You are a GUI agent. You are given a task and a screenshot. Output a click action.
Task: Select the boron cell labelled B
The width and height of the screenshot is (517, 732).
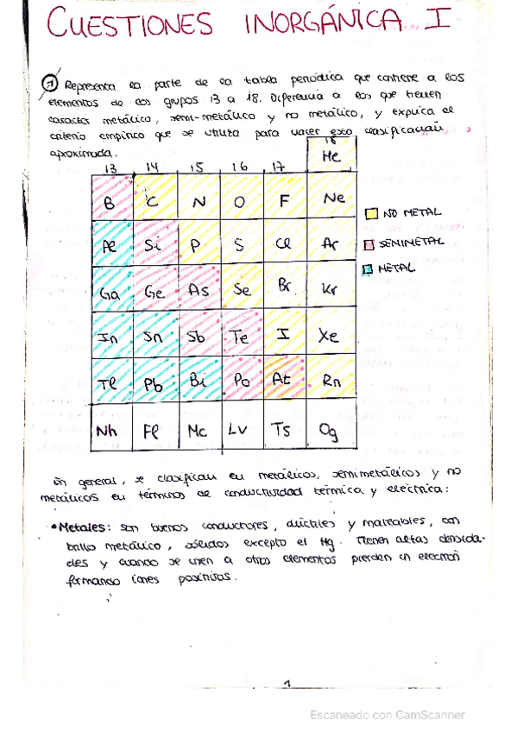point(110,202)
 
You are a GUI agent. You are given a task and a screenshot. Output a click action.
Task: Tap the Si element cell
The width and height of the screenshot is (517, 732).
point(154,245)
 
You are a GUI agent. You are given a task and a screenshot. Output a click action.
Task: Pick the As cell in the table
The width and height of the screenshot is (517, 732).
point(199,291)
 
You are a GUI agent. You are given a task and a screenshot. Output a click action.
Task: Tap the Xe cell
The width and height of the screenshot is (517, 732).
point(330,336)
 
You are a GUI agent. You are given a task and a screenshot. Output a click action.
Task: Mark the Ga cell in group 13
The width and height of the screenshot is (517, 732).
point(110,292)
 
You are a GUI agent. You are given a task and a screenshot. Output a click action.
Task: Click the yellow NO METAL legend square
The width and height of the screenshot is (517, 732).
point(371,212)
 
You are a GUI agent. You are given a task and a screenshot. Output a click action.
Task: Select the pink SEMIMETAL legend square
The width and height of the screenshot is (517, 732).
point(371,242)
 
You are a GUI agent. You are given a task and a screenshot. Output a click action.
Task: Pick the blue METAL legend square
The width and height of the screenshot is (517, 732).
point(371,268)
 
